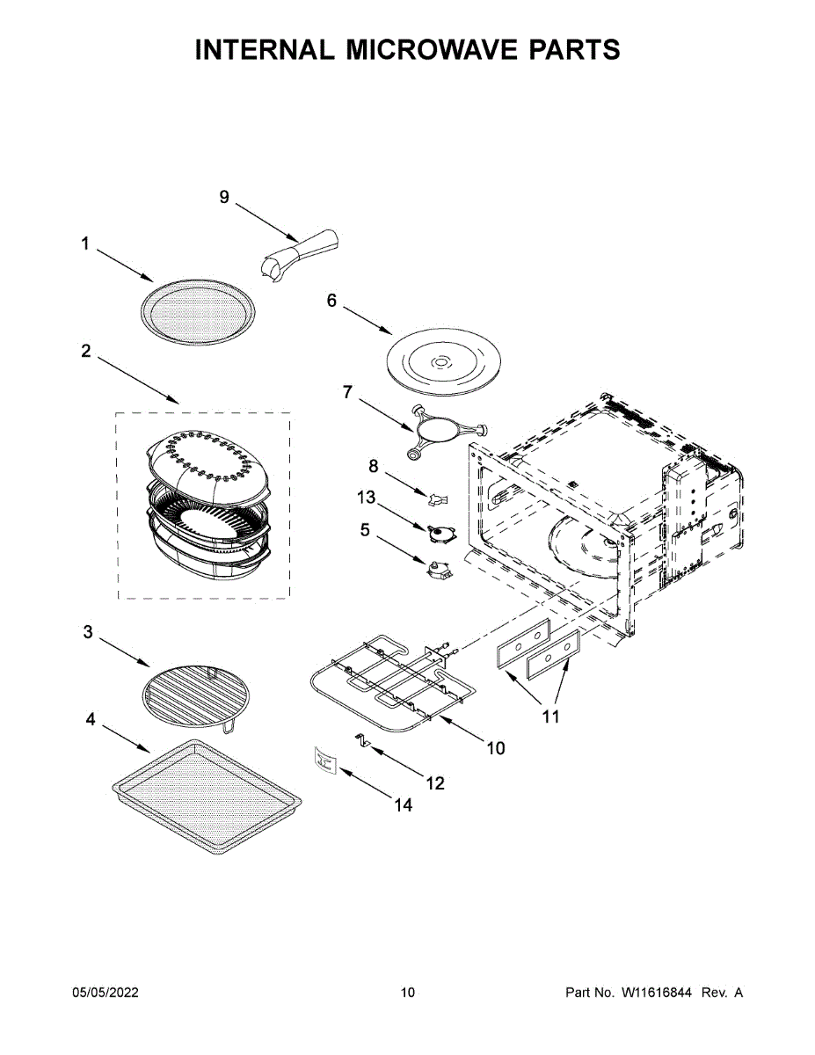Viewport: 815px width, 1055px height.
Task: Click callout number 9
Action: tap(224, 198)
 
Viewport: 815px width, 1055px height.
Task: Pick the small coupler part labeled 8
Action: tap(437, 498)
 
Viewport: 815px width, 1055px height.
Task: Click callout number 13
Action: tap(366, 498)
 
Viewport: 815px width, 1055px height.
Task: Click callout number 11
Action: tap(550, 717)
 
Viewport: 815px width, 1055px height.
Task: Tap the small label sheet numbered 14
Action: tap(325, 759)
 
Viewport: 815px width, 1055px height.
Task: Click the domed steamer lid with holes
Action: tap(204, 462)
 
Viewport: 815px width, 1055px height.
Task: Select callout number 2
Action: tap(85, 351)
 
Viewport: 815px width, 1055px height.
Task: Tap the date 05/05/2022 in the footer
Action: tap(106, 993)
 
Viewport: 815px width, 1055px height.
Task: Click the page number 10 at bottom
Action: tap(407, 993)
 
